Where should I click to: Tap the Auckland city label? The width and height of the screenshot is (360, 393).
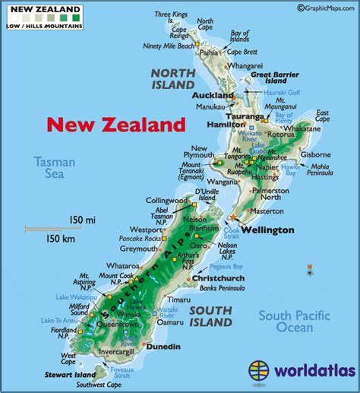point(213,97)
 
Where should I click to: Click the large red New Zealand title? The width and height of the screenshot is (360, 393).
point(115,125)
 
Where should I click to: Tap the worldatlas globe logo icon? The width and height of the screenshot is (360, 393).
point(260,372)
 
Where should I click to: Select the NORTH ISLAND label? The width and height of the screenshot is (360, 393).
point(175,78)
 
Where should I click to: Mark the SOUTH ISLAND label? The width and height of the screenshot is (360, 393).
point(210,316)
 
